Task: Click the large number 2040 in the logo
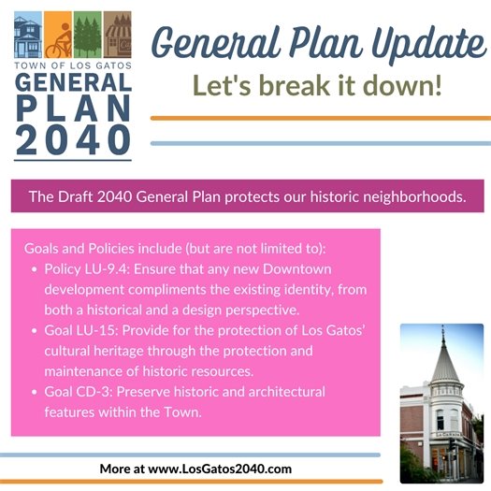tap(73, 137)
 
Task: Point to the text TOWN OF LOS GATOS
tap(72, 67)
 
